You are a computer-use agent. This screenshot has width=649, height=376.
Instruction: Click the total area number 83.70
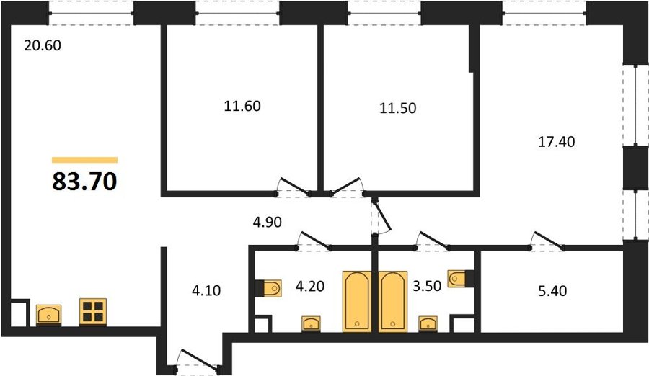85,182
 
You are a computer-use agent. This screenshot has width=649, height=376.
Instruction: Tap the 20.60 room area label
43,45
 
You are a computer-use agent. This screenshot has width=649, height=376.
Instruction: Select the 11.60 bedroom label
242,106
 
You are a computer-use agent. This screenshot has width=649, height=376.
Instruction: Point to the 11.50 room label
398,108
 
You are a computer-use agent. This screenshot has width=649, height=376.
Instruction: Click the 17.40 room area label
556,141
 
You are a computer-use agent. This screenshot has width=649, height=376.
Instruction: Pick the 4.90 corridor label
268,222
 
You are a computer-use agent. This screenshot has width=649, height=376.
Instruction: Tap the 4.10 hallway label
206,291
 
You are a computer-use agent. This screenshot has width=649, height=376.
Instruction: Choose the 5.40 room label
552,291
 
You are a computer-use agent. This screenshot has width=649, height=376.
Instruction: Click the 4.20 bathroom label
309,286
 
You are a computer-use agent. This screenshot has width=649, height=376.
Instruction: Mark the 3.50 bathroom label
427,285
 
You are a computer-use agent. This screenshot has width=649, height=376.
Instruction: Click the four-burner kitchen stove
93,311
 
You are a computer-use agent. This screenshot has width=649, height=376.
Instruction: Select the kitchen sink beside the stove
49,315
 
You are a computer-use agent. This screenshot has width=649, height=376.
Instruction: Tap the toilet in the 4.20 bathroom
270,288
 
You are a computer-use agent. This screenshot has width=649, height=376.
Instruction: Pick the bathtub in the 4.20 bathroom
356,301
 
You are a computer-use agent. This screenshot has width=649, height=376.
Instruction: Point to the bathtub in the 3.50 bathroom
392,301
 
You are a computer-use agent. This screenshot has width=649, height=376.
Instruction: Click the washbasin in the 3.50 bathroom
428,323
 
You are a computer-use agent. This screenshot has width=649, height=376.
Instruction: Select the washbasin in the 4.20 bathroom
311,323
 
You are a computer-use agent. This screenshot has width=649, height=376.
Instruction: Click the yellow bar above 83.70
85,160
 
